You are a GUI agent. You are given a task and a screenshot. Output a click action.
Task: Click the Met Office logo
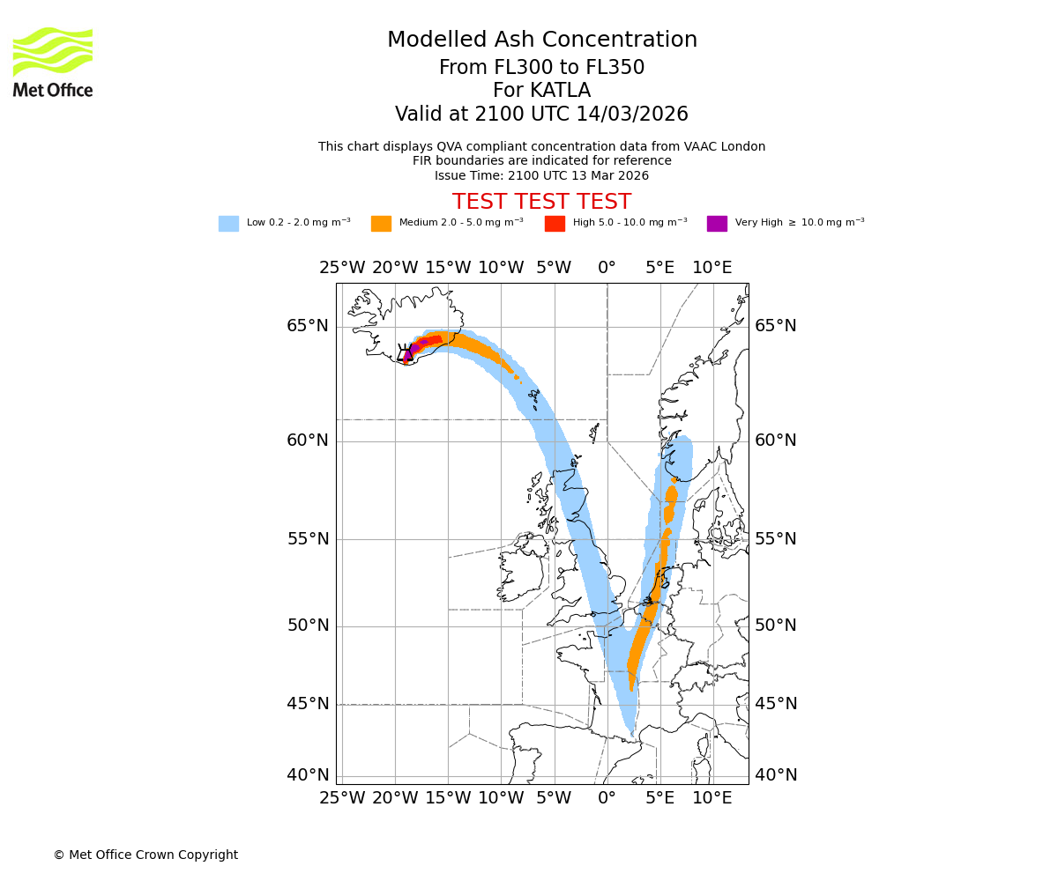pos(53,62)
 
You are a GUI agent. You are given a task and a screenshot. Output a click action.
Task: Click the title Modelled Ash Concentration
pos(541,40)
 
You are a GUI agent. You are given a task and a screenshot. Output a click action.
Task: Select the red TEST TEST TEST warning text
pos(541,202)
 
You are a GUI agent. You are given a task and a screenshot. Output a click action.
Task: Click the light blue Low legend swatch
pos(228,224)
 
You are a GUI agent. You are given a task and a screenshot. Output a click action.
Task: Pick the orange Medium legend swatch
pos(381,224)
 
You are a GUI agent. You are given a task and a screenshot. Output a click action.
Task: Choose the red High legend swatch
pos(555,224)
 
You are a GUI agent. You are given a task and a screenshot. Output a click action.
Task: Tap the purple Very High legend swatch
pos(717,224)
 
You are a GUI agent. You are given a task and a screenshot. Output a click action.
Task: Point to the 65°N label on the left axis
pos(308,326)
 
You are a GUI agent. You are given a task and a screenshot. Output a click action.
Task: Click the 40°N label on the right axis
pos(776,775)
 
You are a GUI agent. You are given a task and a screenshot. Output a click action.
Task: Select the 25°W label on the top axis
pos(342,267)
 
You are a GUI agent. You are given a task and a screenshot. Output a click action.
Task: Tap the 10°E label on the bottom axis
pos(712,798)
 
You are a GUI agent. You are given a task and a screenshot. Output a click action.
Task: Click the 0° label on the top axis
pos(607,267)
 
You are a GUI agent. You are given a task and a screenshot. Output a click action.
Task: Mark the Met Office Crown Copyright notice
pos(145,855)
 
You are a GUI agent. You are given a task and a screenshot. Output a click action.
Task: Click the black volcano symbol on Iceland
pos(406,352)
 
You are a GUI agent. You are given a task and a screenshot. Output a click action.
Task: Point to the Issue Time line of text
pos(541,175)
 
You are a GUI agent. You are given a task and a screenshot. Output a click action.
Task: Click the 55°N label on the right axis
pos(776,539)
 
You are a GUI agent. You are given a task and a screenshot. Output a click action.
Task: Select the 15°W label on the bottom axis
pos(448,798)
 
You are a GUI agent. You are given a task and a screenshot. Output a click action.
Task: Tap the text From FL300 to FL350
pos(541,68)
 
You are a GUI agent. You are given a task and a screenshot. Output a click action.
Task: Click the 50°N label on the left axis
pos(308,626)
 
